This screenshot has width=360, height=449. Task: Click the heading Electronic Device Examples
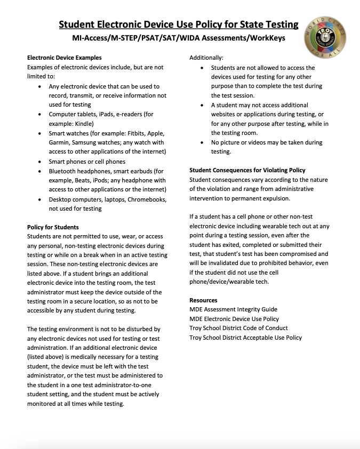click(64, 58)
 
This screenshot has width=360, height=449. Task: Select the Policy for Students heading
click(53, 227)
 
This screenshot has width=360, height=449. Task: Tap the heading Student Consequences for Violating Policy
click(247, 170)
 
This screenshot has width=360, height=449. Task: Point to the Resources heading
click(203, 300)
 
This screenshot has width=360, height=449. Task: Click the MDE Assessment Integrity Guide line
click(233, 309)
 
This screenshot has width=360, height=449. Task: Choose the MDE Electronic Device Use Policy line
click(234, 319)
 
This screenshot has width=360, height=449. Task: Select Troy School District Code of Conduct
click(238, 328)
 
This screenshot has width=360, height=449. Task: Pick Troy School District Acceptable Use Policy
click(245, 338)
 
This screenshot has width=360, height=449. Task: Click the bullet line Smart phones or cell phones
click(87, 162)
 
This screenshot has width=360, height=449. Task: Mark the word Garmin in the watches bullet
click(60, 142)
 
